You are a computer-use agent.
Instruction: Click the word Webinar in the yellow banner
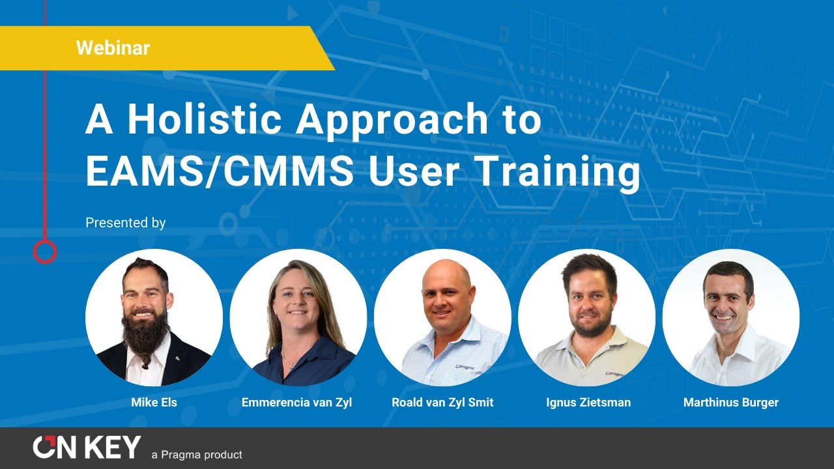pyautogui.click(x=113, y=48)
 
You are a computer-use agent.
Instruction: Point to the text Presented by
pyautogui.click(x=126, y=223)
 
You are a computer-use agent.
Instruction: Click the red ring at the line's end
pyautogui.click(x=45, y=251)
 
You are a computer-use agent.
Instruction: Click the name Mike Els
pyautogui.click(x=154, y=403)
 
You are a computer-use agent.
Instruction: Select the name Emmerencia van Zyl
pyautogui.click(x=296, y=403)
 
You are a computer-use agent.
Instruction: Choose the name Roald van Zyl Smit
pyautogui.click(x=442, y=403)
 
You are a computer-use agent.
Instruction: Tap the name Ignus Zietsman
pyautogui.click(x=588, y=403)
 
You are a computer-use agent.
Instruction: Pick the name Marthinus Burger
pyautogui.click(x=730, y=403)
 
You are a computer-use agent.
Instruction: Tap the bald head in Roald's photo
pyautogui.click(x=446, y=274)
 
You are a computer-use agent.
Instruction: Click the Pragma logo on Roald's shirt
pyautogui.click(x=465, y=367)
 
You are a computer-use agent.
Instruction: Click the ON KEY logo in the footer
pyautogui.click(x=87, y=447)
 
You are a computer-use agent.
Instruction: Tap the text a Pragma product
pyautogui.click(x=196, y=455)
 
